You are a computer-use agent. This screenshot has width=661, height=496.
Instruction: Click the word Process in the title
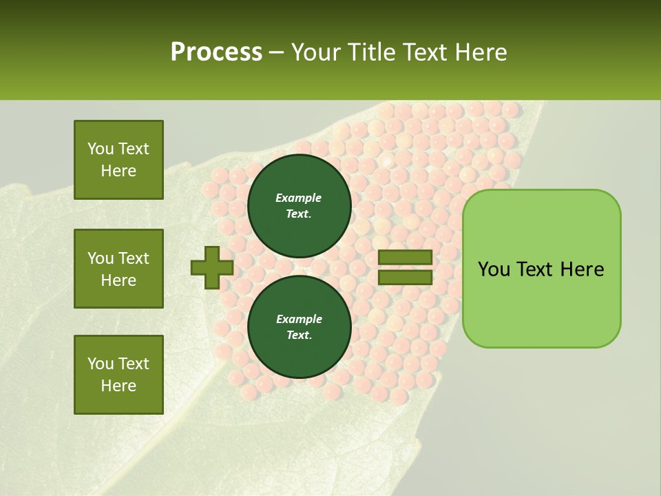216,52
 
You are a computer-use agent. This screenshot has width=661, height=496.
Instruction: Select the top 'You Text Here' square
118,160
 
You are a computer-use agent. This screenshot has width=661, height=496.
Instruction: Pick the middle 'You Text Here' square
118,269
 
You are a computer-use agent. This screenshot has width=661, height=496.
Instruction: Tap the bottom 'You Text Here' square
118,374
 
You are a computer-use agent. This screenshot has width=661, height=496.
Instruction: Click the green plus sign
212,267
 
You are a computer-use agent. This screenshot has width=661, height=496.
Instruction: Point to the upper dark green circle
299,205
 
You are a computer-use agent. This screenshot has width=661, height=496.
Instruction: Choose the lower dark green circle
299,327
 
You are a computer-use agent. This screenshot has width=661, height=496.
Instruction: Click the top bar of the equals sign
406,258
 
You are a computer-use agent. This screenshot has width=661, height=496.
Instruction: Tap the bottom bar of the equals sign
406,277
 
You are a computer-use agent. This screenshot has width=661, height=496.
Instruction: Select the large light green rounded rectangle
541,268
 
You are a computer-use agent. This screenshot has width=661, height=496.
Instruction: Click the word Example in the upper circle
299,198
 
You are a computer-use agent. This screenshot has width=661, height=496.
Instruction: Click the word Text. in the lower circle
299,335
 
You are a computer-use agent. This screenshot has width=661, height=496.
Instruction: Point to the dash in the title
276,52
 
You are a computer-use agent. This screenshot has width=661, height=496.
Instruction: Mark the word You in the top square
101,149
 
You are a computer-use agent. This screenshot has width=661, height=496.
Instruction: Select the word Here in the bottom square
118,386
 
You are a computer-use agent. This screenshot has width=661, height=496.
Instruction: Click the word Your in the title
314,52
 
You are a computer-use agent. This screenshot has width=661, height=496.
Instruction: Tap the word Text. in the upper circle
299,214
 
